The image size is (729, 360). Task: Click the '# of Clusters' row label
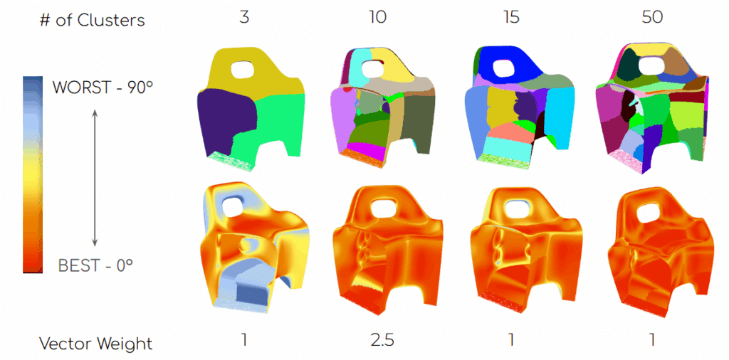pyautogui.click(x=92, y=20)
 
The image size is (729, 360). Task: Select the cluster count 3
pyautogui.click(x=243, y=18)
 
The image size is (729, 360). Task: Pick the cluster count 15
pyautogui.click(x=511, y=18)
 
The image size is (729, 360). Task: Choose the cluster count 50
pyautogui.click(x=652, y=18)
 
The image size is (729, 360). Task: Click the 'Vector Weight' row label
pyautogui.click(x=96, y=344)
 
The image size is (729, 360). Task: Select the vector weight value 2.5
pyautogui.click(x=382, y=341)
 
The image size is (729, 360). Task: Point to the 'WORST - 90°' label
pyautogui.click(x=103, y=87)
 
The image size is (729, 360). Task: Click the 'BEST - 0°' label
pyautogui.click(x=95, y=265)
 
